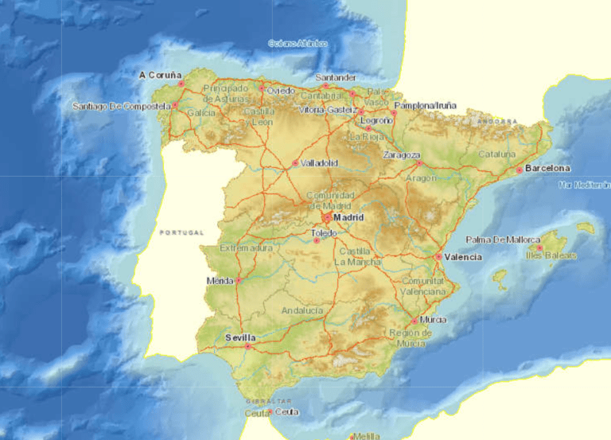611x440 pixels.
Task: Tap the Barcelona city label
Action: pos(547,169)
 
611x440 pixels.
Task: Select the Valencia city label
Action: pos(462,257)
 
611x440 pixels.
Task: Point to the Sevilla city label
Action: pos(240,337)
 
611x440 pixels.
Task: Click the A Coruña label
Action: pos(157,76)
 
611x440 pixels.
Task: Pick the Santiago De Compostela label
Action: pos(121,106)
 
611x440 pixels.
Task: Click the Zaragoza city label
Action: pos(402,154)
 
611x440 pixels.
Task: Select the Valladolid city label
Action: pos(319,163)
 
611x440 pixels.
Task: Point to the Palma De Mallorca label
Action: pos(503,239)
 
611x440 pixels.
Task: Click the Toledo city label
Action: pos(324,233)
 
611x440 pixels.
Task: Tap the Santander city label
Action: pos(335,78)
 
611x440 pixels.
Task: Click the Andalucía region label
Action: pos(302,310)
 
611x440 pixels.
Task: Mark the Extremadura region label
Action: pos(246,248)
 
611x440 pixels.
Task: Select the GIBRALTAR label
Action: pos(270,402)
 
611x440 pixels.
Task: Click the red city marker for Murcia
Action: pos(414,321)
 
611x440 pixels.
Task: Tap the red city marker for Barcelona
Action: pos(519,169)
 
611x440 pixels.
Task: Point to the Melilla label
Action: pos(367,436)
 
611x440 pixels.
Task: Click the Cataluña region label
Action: pos(497,154)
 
